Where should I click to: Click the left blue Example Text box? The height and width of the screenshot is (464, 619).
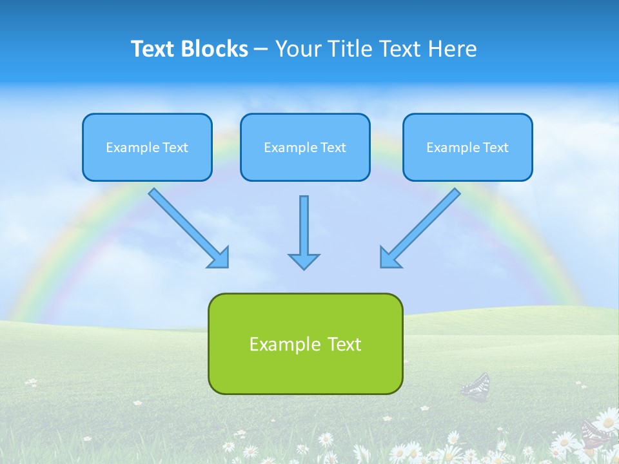(x=147, y=148)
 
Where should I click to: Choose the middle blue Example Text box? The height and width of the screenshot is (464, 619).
(x=305, y=148)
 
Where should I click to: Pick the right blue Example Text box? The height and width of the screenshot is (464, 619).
(x=467, y=148)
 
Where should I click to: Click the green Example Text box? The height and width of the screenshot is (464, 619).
(x=305, y=343)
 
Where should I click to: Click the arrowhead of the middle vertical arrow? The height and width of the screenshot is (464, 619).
(x=304, y=261)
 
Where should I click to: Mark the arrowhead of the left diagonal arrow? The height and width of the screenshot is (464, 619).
(x=219, y=258)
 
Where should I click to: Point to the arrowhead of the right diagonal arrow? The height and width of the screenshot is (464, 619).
(x=389, y=258)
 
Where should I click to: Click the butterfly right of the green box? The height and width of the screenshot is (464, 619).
(x=476, y=387)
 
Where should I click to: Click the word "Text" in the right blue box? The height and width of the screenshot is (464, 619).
(x=496, y=148)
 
